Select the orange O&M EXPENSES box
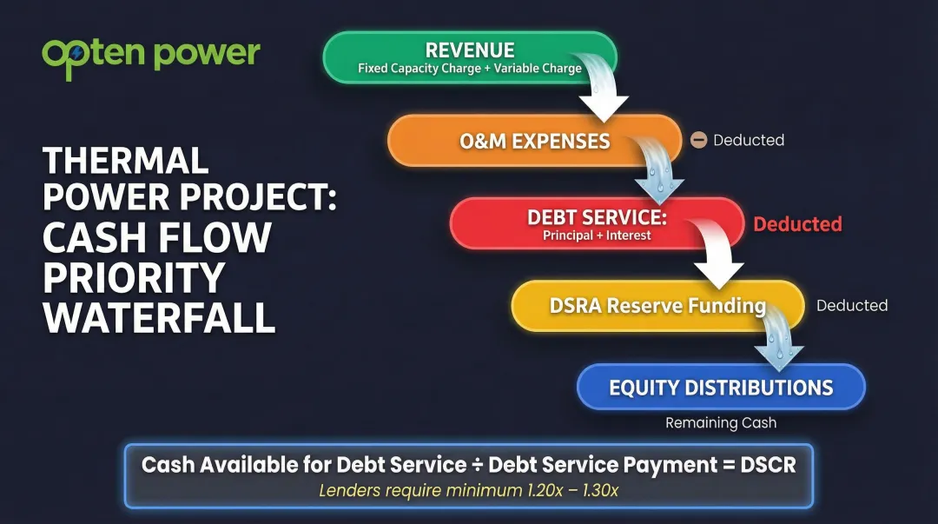click(x=534, y=141)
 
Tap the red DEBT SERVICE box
click(x=597, y=223)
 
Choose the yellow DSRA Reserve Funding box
click(x=657, y=306)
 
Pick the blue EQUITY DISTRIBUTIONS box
click(x=721, y=388)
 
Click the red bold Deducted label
click(x=796, y=224)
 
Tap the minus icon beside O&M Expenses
click(x=698, y=140)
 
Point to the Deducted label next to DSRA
click(x=851, y=306)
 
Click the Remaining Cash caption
click(x=721, y=423)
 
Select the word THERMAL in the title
click(x=126, y=161)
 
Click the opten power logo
click(x=150, y=55)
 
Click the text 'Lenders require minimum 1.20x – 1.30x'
click(x=468, y=490)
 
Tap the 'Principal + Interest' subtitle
click(x=597, y=235)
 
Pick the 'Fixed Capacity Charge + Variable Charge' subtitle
click(x=469, y=68)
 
